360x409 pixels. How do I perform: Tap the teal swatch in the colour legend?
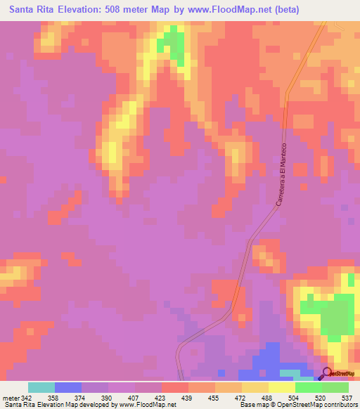point(41,387)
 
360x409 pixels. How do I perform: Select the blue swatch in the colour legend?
point(68,387)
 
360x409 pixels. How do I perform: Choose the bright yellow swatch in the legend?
point(282,387)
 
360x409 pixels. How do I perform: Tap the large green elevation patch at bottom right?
point(337,316)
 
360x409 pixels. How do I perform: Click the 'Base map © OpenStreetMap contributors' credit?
point(296,405)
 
